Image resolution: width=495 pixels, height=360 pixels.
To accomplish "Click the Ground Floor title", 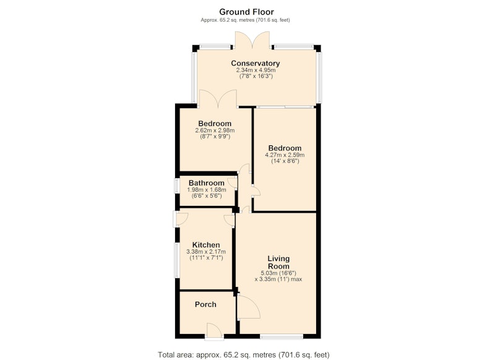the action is click(246, 12).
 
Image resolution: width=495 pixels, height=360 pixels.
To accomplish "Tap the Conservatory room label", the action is click(255, 63).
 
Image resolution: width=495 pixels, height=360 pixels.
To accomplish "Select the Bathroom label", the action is click(207, 183).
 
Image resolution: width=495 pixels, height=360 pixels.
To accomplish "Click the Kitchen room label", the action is click(206, 245).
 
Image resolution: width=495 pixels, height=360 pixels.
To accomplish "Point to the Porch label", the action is click(205, 304).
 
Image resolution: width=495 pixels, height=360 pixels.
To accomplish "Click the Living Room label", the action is click(278, 262).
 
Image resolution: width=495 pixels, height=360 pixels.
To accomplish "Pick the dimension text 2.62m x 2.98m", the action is click(215, 131).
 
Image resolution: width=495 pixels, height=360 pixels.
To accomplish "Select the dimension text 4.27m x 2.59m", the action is click(285, 155).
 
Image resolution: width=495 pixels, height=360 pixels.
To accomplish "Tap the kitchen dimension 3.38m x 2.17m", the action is click(206, 252).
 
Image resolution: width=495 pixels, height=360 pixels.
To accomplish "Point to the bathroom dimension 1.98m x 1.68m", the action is click(207, 190).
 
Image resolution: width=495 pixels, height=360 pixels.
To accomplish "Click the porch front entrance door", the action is click(213, 332).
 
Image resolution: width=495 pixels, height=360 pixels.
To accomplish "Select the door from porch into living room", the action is click(248, 307).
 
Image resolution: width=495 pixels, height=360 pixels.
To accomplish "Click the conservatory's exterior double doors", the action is click(252, 40).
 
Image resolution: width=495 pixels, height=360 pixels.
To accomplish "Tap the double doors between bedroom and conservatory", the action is click(218, 99).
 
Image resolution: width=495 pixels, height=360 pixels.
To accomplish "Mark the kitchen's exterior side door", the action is click(180, 220).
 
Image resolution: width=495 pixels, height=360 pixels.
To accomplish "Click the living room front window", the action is click(282, 337).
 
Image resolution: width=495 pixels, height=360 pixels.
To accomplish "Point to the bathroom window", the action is click(177, 186).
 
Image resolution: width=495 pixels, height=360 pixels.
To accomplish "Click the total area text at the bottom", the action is click(244, 354).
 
